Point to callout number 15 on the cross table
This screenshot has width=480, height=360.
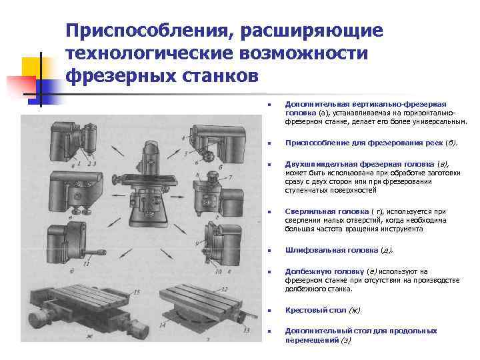[x=137, y=292]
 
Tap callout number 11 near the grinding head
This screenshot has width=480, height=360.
[x=87, y=263]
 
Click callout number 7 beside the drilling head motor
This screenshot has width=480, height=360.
[x=230, y=178]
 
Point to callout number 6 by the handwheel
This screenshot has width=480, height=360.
[x=219, y=157]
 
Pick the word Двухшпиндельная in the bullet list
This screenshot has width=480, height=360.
[x=317, y=163]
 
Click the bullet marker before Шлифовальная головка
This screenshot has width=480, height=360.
[x=267, y=251]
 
